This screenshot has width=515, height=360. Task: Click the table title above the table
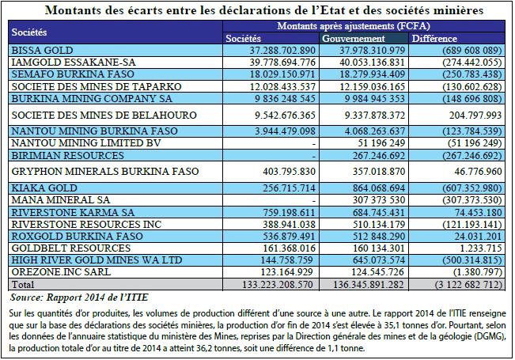264,10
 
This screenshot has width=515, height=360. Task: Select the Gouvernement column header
354,39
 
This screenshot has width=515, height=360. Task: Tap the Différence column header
434,39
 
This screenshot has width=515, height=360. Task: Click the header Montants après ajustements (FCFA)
354,26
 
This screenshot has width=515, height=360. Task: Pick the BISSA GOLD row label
42,51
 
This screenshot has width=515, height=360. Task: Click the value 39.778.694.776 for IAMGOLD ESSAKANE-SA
282,62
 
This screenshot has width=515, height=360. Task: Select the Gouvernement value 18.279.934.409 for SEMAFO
372,74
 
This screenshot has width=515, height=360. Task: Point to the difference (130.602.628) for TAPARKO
472,87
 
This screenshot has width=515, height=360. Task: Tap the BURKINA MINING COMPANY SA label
92,99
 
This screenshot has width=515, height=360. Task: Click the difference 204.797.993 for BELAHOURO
475,116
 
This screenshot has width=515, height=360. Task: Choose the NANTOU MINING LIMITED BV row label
86,143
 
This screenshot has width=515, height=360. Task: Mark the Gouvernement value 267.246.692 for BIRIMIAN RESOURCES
379,155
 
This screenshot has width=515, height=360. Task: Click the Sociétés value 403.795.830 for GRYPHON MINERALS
289,172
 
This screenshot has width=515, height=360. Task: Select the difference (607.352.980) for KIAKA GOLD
472,188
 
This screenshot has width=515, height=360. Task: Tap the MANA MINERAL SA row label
61,200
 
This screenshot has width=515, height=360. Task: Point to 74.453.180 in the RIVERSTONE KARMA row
478,213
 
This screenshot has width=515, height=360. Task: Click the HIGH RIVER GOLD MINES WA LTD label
97,260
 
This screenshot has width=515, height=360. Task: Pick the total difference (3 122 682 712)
468,285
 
